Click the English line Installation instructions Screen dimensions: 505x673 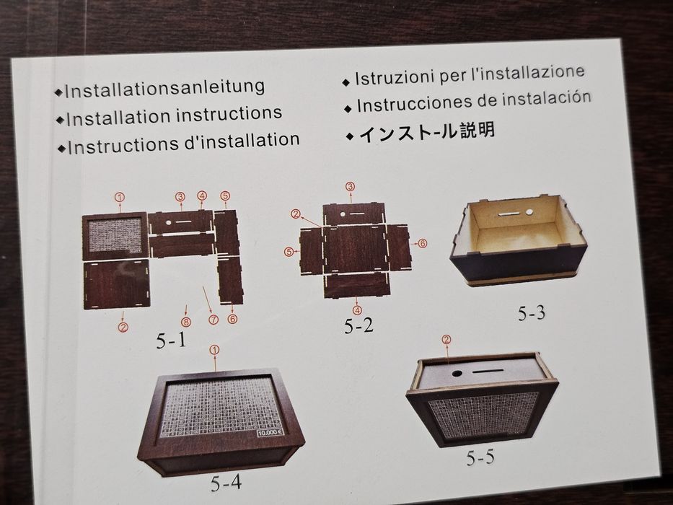pyautogui.click(x=173, y=115)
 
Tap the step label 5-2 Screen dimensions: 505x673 pyautogui.click(x=359, y=326)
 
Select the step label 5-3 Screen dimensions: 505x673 pyautogui.click(x=532, y=314)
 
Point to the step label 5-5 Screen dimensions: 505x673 pyautogui.click(x=480, y=457)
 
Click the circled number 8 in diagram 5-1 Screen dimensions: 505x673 pyautogui.click(x=186, y=322)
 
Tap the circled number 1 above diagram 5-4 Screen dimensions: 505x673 pyautogui.click(x=214, y=350)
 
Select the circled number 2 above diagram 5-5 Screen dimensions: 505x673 pyautogui.click(x=446, y=341)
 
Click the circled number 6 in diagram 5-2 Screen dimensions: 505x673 pyautogui.click(x=423, y=244)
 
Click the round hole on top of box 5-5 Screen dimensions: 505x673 pyautogui.click(x=457, y=374)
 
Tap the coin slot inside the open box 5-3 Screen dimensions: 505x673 pyautogui.click(x=509, y=214)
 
